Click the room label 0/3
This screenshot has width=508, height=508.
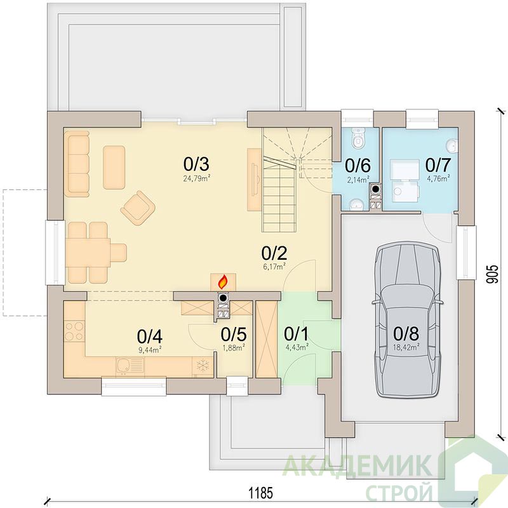click(196, 164)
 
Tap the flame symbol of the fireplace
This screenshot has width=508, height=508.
click(223, 282)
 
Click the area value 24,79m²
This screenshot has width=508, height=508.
click(197, 178)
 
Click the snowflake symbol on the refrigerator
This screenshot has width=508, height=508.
click(203, 366)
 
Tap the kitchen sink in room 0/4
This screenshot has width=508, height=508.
click(130, 366)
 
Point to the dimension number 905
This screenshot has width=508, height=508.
click(491, 275)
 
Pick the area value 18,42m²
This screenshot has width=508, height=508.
click(406, 346)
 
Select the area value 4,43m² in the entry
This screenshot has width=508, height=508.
click(296, 347)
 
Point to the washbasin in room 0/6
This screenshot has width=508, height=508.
click(357, 204)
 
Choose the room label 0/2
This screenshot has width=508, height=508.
click(274, 253)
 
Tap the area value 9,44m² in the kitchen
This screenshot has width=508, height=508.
click(150, 350)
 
